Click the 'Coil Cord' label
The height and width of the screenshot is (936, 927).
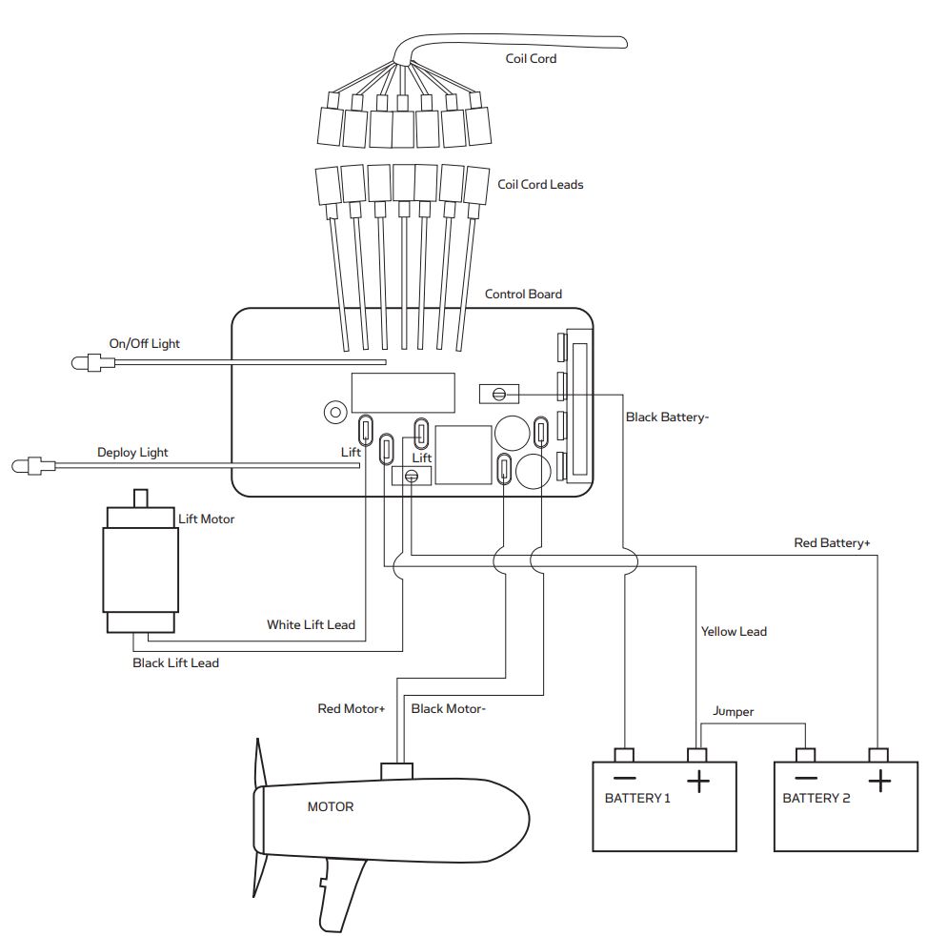tap(531, 58)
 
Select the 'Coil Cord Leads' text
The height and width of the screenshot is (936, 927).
tap(540, 184)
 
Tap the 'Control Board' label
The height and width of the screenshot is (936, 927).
tap(523, 294)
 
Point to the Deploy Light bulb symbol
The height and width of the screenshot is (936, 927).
tap(25, 466)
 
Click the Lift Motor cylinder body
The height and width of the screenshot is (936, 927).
tap(140, 568)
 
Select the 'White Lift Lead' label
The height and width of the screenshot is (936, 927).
tap(311, 625)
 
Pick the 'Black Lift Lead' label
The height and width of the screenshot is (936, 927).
tap(175, 662)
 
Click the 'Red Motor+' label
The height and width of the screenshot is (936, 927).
tap(351, 708)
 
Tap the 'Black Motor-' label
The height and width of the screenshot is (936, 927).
tap(448, 708)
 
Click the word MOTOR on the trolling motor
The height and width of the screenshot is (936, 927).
tap(331, 806)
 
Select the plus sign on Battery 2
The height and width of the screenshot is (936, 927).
tap(878, 782)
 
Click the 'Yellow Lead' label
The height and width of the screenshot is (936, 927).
tap(734, 631)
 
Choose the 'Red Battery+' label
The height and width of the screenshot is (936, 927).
tap(832, 542)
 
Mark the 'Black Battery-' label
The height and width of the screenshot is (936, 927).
tap(667, 417)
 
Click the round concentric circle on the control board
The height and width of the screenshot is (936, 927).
tap(334, 412)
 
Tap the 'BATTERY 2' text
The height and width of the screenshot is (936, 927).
tap(816, 798)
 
